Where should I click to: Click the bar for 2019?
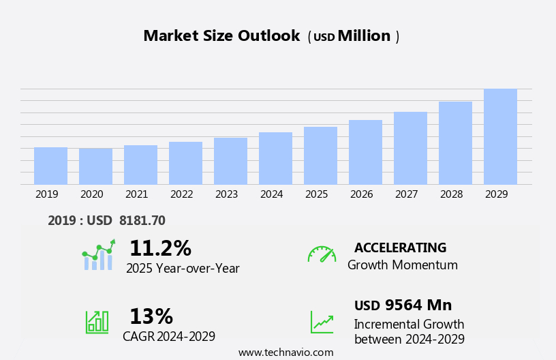coord(50,166)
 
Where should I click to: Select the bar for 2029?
coord(500,136)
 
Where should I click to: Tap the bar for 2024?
coord(275,158)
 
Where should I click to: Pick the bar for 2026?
coord(365,152)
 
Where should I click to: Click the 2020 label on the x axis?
coord(91,194)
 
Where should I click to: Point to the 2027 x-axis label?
coord(406,194)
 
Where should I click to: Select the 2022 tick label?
coord(181,194)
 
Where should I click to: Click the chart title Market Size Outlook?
coord(221,36)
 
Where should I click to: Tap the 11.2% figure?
coord(160,248)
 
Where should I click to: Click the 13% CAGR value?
coord(151,316)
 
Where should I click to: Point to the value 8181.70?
coord(142,220)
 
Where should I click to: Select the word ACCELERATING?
coord(400,247)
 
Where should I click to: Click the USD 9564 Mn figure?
coord(403,305)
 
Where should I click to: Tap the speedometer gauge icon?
coord(322,254)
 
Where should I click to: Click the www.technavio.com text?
coord(285,352)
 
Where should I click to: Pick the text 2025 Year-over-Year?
coord(183,269)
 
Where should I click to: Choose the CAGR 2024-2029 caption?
coord(169,336)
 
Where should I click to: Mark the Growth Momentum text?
coord(402,265)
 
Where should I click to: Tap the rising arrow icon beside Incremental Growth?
coord(322,322)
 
